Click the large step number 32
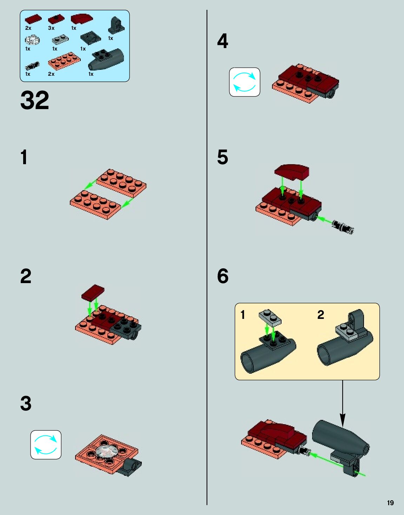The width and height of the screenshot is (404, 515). click(35, 100)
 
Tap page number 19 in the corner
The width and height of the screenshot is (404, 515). click(390, 503)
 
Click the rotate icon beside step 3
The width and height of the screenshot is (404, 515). click(46, 445)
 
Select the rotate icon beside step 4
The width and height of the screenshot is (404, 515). click(244, 82)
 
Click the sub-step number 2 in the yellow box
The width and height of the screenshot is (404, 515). click(320, 315)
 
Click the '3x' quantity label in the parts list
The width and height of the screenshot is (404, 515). click(51, 28)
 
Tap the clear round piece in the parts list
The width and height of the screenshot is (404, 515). click(32, 40)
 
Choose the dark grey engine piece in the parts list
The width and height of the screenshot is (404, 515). click(106, 60)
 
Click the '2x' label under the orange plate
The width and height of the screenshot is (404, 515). click(51, 74)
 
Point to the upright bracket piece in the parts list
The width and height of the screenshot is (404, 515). click(117, 26)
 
